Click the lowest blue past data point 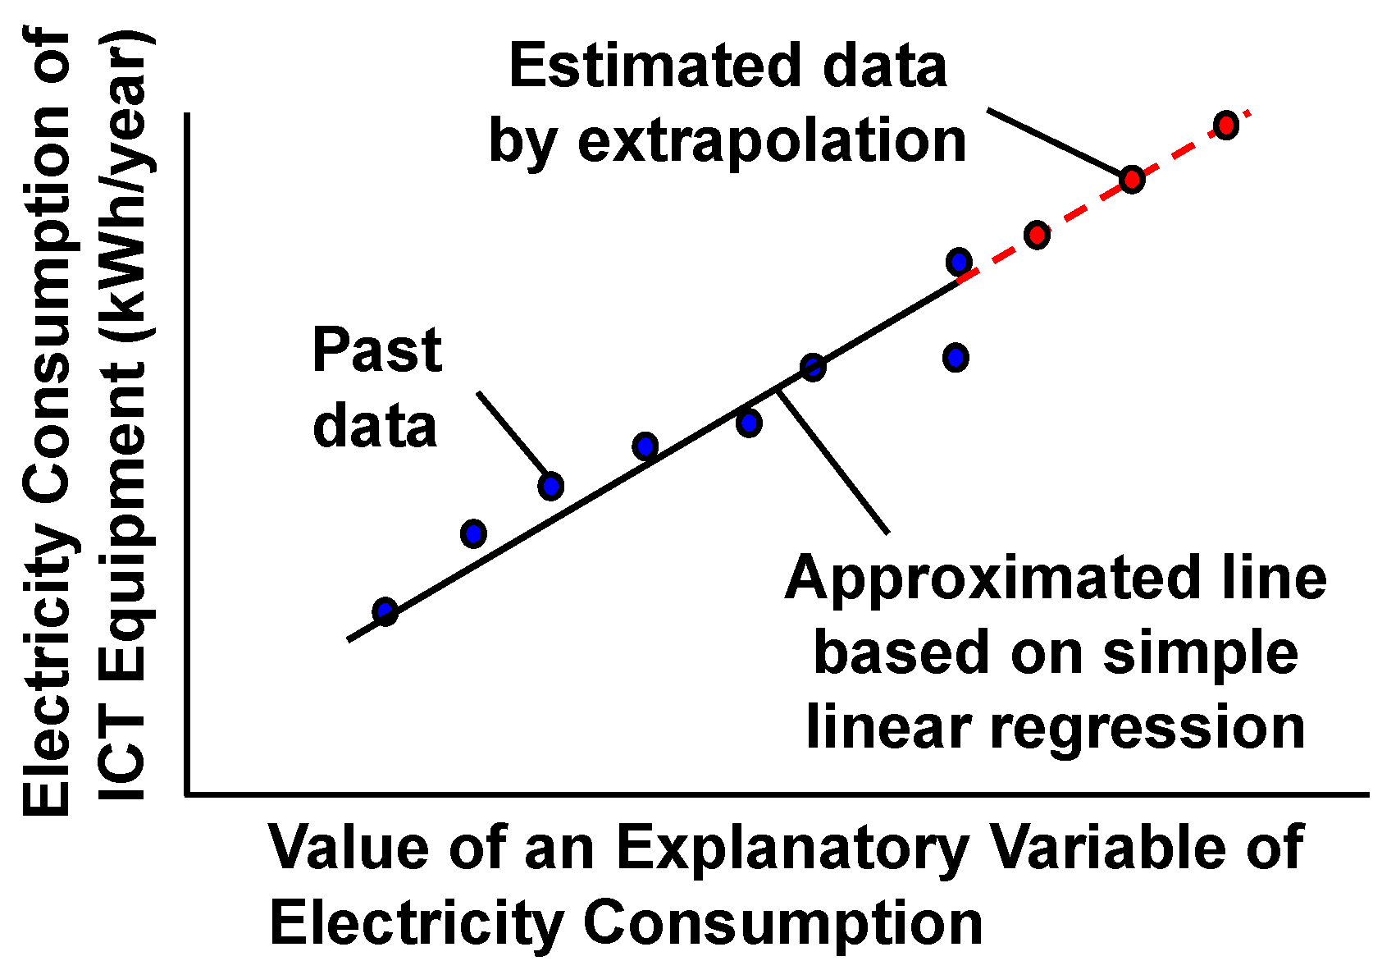tap(385, 611)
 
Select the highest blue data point tap(959, 263)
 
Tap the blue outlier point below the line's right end tap(956, 358)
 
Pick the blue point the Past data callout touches tap(551, 487)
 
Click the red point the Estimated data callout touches tap(1132, 179)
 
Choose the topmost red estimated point tap(1225, 126)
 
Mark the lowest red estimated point tap(1037, 236)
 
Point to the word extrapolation tap(772, 141)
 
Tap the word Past tap(377, 350)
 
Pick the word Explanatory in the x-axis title tap(792, 848)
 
